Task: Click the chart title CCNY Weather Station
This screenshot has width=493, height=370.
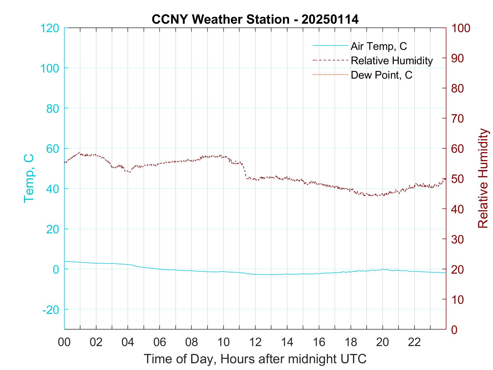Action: coord(255,19)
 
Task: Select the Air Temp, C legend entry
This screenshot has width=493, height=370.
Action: coord(379,46)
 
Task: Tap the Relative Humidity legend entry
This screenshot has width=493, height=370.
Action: coord(392,61)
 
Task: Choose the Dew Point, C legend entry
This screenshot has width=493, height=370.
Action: coord(381,75)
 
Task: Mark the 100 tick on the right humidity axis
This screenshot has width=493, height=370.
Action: coord(461,28)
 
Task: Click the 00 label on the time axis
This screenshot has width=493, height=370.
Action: coord(64,342)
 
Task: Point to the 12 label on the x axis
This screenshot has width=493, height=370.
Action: coord(255,342)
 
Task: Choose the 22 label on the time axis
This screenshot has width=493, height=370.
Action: coord(414,342)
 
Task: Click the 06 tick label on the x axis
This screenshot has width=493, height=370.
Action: coord(160,342)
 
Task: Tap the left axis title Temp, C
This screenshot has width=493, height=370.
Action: coord(29,178)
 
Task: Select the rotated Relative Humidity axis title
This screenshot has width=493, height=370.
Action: coord(483,178)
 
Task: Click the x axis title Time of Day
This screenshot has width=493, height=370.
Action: coord(255,359)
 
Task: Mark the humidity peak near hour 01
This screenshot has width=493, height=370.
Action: coord(79,153)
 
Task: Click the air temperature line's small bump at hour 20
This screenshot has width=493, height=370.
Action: coord(383,269)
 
